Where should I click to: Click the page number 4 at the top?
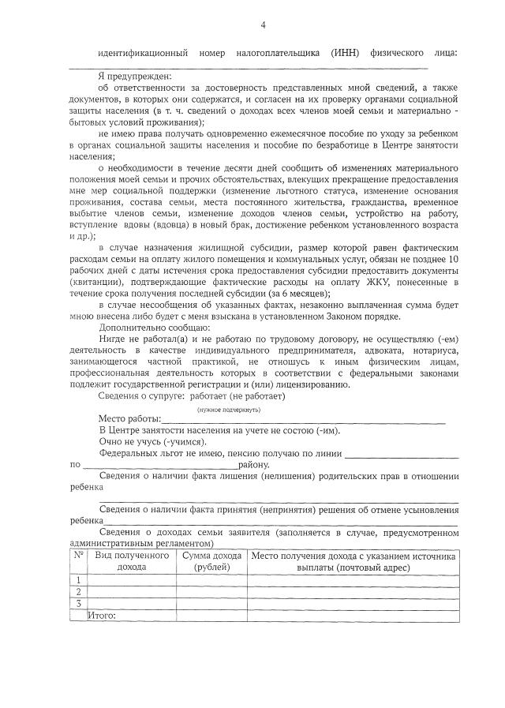click(263, 25)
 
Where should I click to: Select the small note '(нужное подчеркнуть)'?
click(229, 410)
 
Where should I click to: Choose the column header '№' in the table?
click(78, 556)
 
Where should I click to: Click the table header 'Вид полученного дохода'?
click(131, 561)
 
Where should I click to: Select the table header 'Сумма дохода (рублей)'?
click(211, 561)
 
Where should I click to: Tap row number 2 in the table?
click(78, 591)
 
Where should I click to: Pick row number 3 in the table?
click(78, 603)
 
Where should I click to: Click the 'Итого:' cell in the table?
click(103, 614)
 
